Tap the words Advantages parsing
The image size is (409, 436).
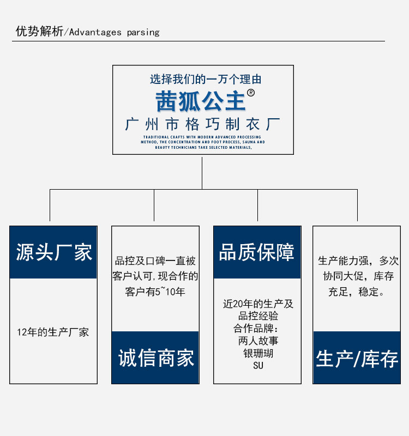click(x=114, y=32)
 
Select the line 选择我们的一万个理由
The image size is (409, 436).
click(x=206, y=79)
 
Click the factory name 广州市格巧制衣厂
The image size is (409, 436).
click(x=203, y=124)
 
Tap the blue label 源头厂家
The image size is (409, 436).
click(x=53, y=252)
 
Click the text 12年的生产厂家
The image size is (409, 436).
click(x=53, y=332)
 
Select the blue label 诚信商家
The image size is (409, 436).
click(x=155, y=358)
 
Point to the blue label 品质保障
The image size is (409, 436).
click(x=257, y=252)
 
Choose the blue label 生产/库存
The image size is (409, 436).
click(x=357, y=359)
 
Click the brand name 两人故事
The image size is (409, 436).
click(x=258, y=341)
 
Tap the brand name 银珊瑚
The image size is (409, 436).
click(x=258, y=353)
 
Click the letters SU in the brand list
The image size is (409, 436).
click(x=258, y=365)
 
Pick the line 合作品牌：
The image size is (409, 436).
click(x=258, y=329)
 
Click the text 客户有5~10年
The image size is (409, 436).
click(x=155, y=292)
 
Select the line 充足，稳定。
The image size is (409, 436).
click(x=357, y=292)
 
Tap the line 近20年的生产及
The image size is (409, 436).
click(x=258, y=304)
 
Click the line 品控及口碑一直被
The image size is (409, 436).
click(x=155, y=261)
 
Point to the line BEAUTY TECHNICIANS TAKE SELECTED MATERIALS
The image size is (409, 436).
click(x=203, y=147)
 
